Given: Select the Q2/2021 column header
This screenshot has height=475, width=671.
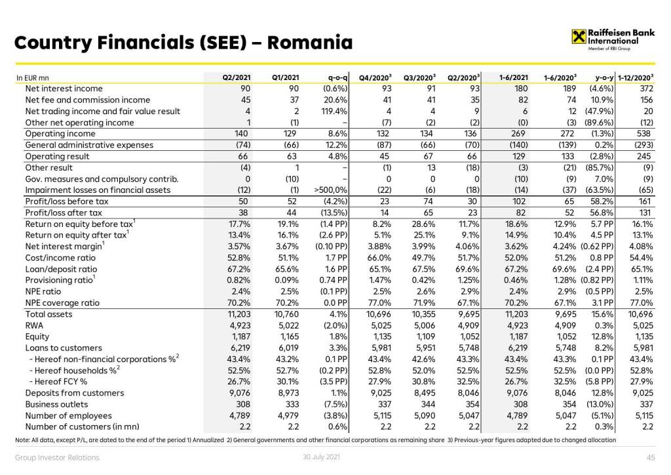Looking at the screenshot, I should point(236,78).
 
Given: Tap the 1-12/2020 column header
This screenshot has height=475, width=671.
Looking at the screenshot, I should point(636,78).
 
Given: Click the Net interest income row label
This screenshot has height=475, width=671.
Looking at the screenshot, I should point(64,89).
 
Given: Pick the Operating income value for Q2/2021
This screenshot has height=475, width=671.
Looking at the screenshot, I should point(242,134).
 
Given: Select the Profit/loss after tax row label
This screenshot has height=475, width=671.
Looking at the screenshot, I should point(64,213).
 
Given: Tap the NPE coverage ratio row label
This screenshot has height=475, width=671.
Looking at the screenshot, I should point(62,303).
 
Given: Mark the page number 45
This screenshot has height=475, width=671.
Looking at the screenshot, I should point(651,458).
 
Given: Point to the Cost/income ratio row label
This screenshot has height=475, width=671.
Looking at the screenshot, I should point(61,258).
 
